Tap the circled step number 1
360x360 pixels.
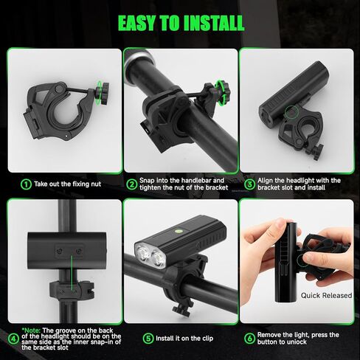point(26,184)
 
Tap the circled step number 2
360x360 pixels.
point(132,184)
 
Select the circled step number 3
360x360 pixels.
point(249,184)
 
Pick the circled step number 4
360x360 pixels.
point(13,339)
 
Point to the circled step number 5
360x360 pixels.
point(148,339)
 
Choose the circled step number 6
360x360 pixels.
point(249,339)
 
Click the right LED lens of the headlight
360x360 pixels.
point(158,259)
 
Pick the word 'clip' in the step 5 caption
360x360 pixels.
point(207,339)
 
